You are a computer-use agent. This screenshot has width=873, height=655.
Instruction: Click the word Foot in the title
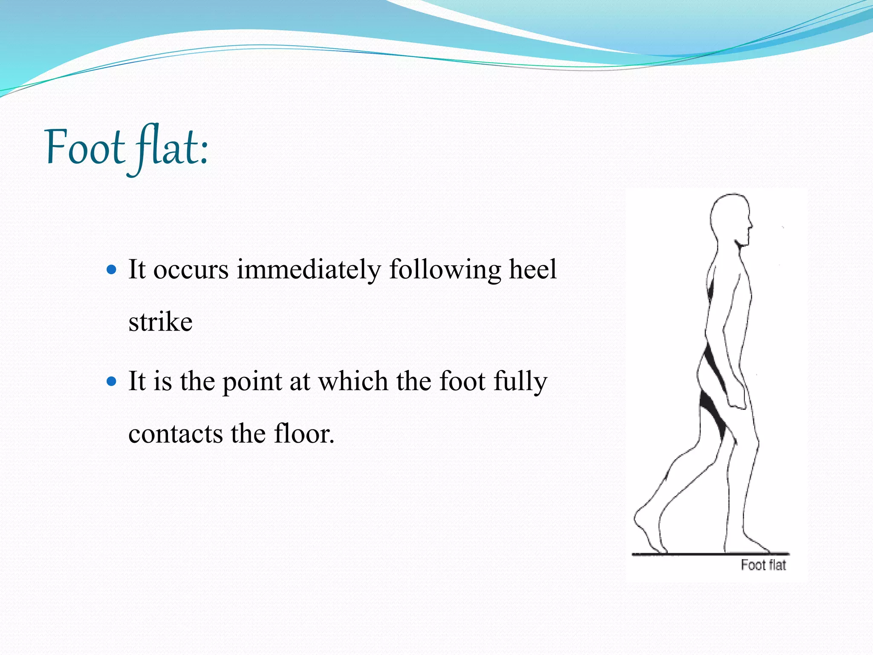point(84,148)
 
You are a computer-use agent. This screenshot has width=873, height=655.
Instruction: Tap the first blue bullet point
point(112,270)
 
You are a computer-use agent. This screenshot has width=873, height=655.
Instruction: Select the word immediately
point(309,270)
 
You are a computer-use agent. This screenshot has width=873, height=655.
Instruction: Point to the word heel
point(533,269)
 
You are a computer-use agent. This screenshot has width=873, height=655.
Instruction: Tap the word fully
point(520,382)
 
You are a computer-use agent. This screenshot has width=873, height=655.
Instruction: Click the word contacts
point(176,434)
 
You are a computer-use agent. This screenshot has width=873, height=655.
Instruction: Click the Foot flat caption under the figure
point(763,565)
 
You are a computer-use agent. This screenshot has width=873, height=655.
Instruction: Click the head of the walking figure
point(730,217)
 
